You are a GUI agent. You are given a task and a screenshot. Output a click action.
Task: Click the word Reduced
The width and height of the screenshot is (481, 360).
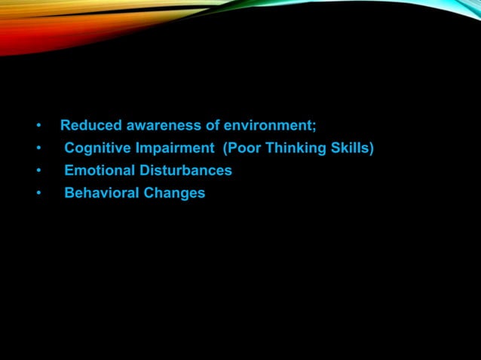[87, 125]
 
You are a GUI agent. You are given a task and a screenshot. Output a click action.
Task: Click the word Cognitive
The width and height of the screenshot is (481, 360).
[94, 148]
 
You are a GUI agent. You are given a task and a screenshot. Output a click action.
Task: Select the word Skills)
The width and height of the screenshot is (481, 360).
[351, 148]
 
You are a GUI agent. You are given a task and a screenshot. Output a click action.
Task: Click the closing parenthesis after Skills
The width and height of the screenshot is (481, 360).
[371, 148]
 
